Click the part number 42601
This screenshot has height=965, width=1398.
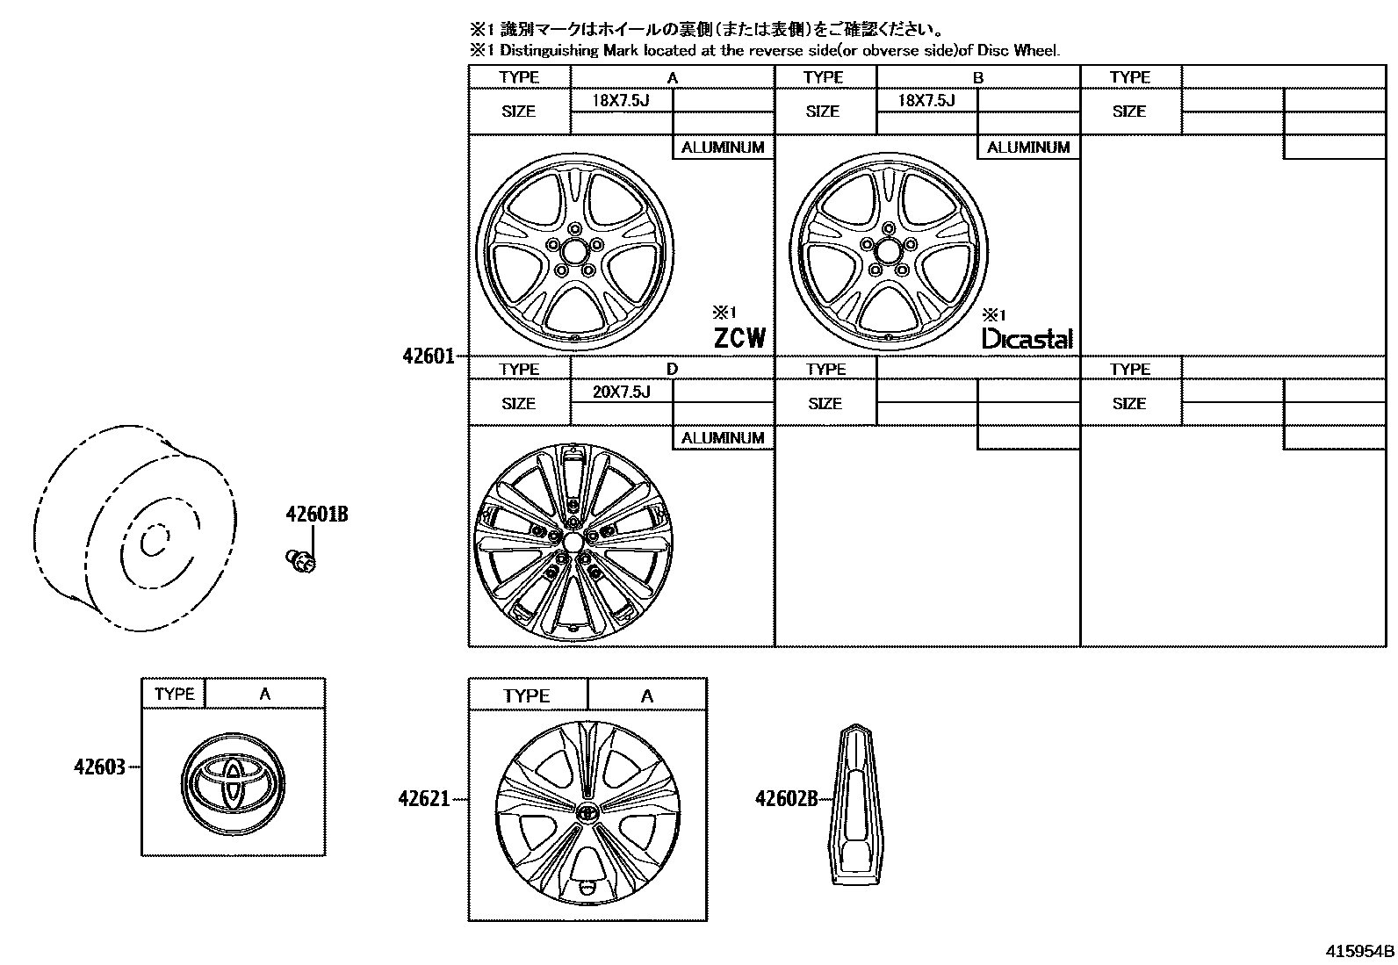pyautogui.click(x=428, y=356)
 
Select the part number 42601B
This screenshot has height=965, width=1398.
pyautogui.click(x=316, y=515)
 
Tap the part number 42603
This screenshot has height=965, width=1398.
pyautogui.click(x=99, y=767)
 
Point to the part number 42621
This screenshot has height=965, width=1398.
pyautogui.click(x=423, y=799)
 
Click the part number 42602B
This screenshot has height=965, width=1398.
pyautogui.click(x=786, y=798)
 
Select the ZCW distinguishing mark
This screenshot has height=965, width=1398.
pyautogui.click(x=739, y=337)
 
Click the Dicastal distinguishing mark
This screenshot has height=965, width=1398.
pyautogui.click(x=1027, y=338)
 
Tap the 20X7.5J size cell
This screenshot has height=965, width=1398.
pyautogui.click(x=621, y=392)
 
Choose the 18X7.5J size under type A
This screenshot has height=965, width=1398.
pyautogui.click(x=620, y=100)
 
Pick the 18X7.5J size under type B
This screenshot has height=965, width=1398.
pyautogui.click(x=926, y=100)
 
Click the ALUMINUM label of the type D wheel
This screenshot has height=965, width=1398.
pyautogui.click(x=723, y=438)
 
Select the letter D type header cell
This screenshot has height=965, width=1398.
pyautogui.click(x=672, y=369)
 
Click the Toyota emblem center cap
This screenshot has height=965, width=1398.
pyautogui.click(x=234, y=780)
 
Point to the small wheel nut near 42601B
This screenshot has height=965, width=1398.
pyautogui.click(x=301, y=561)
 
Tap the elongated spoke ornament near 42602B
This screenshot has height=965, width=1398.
pyautogui.click(x=854, y=802)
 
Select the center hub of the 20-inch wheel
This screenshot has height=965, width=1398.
pyautogui.click(x=573, y=541)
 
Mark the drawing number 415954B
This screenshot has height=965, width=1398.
pyautogui.click(x=1359, y=952)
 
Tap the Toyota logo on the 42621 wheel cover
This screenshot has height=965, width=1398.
pyautogui.click(x=587, y=812)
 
